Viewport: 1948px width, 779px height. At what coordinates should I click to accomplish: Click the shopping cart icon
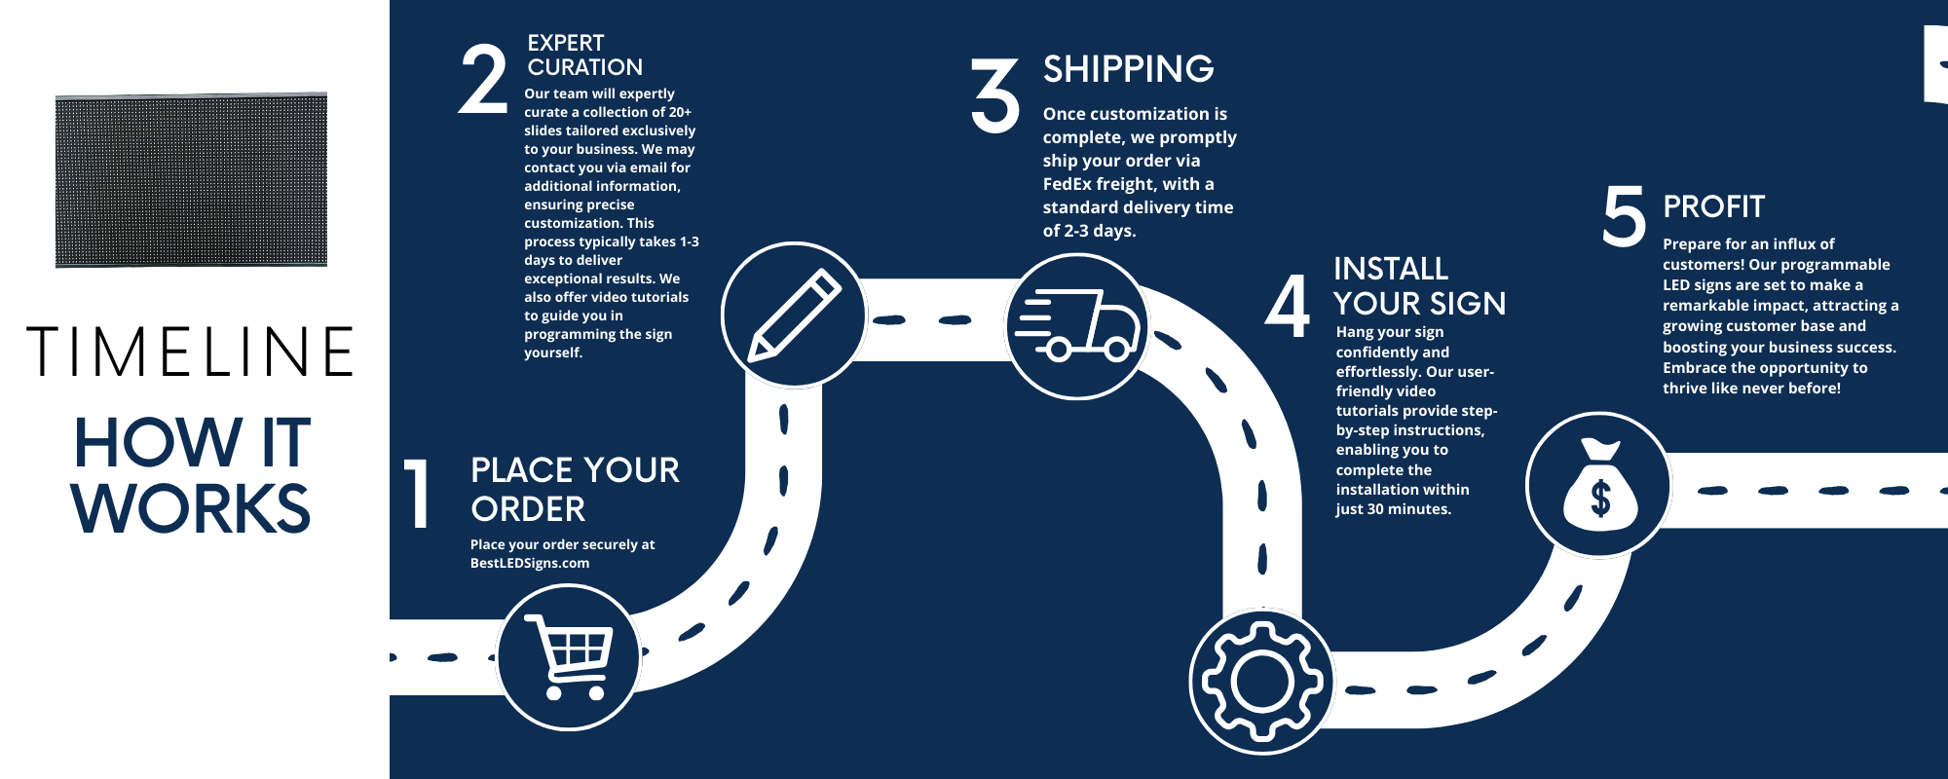[569, 656]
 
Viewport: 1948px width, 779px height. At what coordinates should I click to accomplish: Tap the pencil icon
[794, 315]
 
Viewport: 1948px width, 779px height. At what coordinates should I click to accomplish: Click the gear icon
[1262, 682]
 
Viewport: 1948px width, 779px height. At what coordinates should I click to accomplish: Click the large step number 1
[419, 495]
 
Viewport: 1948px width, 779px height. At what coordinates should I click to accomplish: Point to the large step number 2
[483, 80]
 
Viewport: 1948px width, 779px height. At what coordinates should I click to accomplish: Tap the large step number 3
[995, 94]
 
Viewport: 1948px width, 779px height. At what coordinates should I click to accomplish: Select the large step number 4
[1288, 306]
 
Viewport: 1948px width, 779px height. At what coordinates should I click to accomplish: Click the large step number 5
[1624, 216]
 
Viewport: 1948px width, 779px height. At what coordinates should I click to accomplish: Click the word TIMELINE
[191, 352]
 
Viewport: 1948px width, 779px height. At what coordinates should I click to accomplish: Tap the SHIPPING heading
[1128, 69]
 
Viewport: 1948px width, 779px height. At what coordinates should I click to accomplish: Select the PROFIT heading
[1713, 206]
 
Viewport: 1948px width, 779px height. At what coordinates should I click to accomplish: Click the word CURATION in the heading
[584, 67]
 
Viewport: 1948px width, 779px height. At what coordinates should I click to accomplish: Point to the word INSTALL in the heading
[1390, 269]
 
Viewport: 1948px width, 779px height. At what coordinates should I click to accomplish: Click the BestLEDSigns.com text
[529, 563]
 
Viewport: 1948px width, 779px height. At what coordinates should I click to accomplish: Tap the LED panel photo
[191, 180]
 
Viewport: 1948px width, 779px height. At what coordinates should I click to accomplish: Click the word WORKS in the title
[191, 508]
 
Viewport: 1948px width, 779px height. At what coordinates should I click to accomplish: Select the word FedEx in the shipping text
[1067, 184]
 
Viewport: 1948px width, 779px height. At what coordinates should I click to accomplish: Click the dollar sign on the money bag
[1599, 500]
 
